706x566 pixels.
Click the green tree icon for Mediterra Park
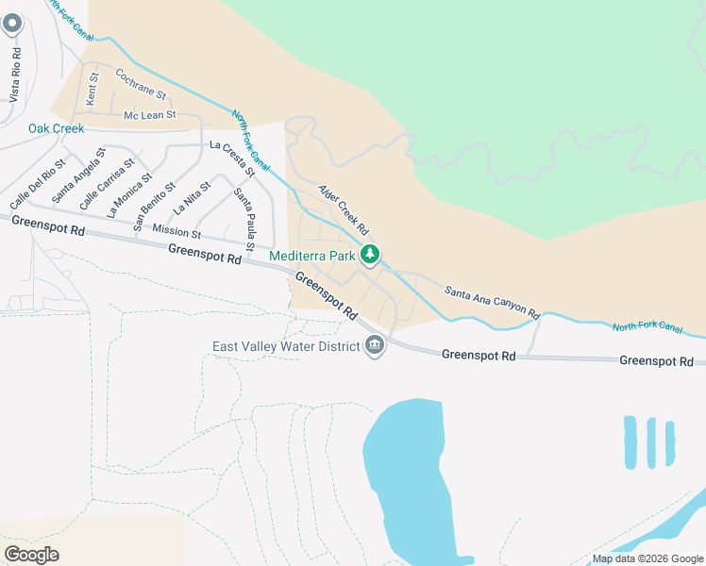pyautogui.click(x=372, y=255)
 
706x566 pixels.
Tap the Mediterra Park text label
pyautogui.click(x=311, y=256)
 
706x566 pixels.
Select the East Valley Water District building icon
pyautogui.click(x=375, y=346)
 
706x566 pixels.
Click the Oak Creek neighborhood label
pyautogui.click(x=56, y=128)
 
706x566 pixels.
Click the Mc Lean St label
pyautogui.click(x=150, y=115)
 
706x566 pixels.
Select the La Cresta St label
pyautogui.click(x=232, y=158)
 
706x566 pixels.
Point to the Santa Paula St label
pyautogui.click(x=244, y=220)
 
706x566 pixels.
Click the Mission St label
pyautogui.click(x=176, y=232)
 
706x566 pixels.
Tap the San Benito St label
pyautogui.click(x=154, y=208)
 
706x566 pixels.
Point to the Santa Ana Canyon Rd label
pyautogui.click(x=491, y=301)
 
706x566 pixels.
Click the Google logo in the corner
pyautogui.click(x=31, y=554)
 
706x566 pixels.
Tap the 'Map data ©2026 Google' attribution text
pyautogui.click(x=647, y=558)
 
